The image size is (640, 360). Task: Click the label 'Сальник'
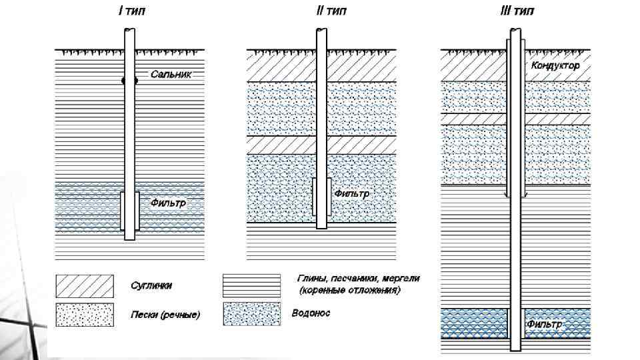[171, 75]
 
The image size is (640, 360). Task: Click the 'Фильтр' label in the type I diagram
[167, 201]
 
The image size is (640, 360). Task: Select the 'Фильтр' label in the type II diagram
[351, 193]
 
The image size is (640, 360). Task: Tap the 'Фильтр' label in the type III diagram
[544, 325]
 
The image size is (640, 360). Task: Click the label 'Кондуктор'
[555, 66]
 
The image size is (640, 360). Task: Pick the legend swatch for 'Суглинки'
[84, 285]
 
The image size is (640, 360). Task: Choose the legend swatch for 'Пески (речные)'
[84, 315]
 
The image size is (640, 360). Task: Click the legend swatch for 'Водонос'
[251, 313]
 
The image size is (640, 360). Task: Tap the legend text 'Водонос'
[311, 313]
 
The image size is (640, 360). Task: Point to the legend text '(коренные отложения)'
[350, 291]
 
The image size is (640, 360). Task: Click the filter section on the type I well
[129, 211]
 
